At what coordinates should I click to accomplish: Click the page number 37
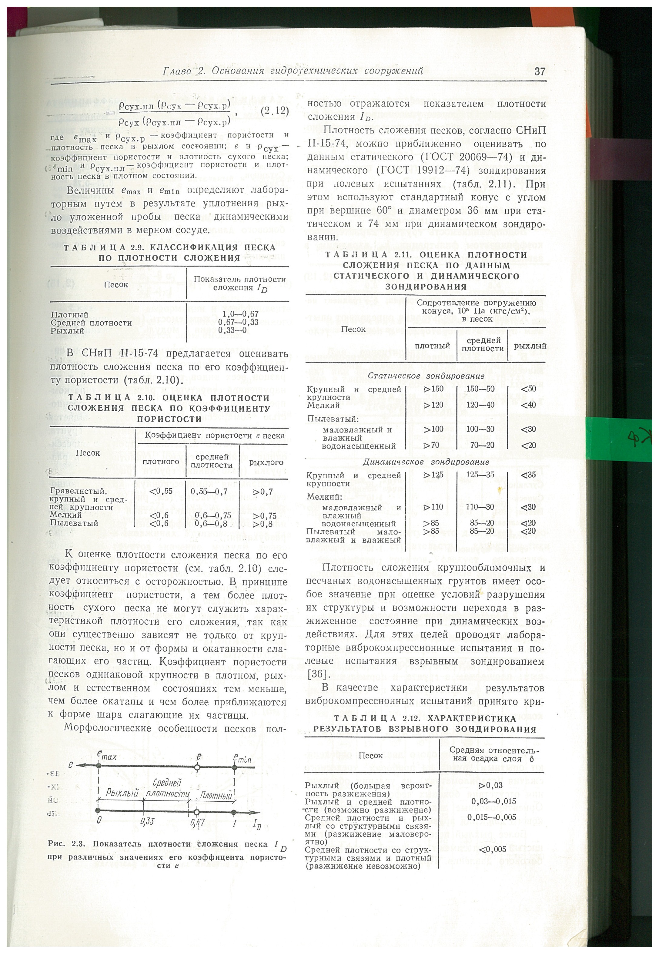[x=540, y=71]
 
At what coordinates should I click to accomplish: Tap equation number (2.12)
[x=275, y=111]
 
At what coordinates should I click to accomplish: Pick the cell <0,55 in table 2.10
[x=161, y=491]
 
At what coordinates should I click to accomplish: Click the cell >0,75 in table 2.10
[x=264, y=515]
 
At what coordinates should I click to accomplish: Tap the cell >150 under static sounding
[x=433, y=389]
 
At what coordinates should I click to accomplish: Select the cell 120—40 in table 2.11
[x=480, y=405]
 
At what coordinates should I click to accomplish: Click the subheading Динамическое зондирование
[x=425, y=462]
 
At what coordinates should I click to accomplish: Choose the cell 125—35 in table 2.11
[x=480, y=475]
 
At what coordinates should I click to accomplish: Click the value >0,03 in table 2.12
[x=490, y=785]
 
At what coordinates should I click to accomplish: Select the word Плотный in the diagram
[x=216, y=796]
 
